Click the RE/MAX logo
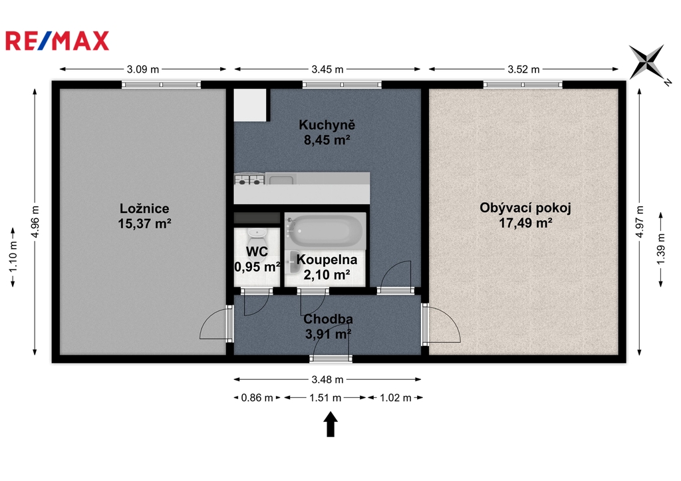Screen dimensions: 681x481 [57, 41]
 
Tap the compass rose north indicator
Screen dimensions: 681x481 [647, 62]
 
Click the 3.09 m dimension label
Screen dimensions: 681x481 [143, 69]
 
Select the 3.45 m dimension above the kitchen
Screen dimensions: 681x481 [327, 69]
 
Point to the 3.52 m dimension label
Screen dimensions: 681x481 [523, 69]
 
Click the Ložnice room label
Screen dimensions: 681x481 [144, 208]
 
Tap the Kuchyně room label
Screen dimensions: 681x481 [327, 125]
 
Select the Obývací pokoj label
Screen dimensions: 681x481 [525, 208]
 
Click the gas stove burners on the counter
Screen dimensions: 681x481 [249, 178]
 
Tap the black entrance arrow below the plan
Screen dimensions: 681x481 [331, 424]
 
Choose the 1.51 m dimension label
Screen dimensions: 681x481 [325, 398]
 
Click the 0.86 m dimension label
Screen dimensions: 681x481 [257, 398]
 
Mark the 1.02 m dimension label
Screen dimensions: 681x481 [396, 398]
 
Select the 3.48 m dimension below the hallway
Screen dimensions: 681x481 [327, 380]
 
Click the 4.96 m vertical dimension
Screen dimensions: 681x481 [35, 222]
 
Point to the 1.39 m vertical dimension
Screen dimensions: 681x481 [661, 249]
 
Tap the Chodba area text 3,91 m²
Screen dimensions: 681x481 [328, 334]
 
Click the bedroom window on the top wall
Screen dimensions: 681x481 [161, 84]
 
